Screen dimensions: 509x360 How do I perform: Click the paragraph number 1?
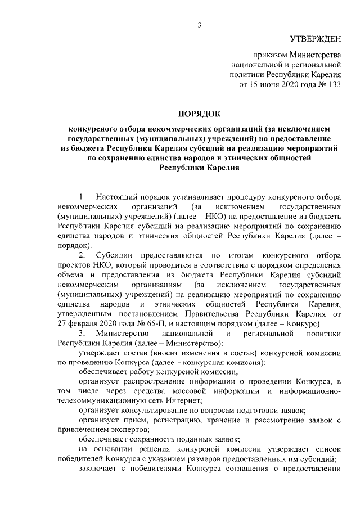click(x=82, y=197)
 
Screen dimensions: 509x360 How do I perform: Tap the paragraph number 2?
click(x=82, y=255)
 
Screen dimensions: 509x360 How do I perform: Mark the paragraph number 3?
click(x=82, y=334)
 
